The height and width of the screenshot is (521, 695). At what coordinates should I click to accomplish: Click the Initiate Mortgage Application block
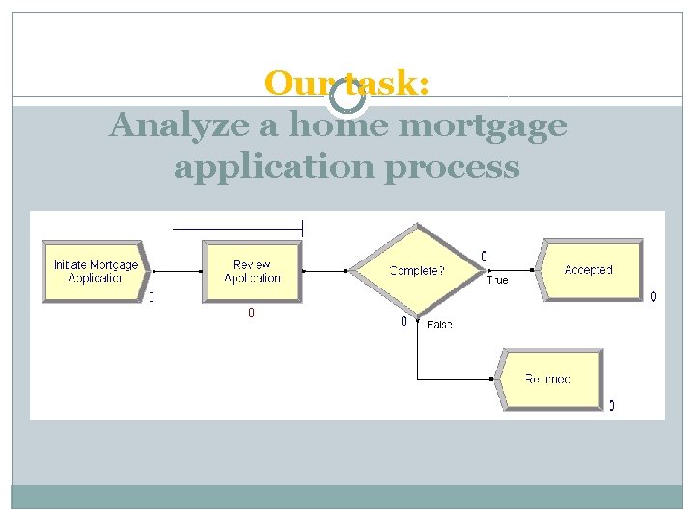coord(95,271)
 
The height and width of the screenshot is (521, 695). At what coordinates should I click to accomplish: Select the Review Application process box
coord(252,271)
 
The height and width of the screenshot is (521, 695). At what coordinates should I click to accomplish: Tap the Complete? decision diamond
coord(416,271)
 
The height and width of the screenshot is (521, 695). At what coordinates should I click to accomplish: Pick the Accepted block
coord(589,270)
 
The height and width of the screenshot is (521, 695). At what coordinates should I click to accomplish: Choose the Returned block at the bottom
coord(547,379)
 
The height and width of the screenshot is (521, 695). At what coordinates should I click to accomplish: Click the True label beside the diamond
coord(497,281)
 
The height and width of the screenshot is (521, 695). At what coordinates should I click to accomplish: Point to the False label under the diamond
coord(439,325)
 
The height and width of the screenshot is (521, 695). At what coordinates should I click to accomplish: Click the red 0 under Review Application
coord(251,314)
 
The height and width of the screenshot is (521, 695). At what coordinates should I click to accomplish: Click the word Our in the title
coord(294,84)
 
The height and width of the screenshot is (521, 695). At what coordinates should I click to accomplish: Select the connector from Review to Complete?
coord(326,271)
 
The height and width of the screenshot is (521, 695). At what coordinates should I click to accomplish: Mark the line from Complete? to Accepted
coord(512,270)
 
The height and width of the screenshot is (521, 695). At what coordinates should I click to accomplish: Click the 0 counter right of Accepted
coord(653,296)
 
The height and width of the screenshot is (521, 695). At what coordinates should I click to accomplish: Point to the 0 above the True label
coord(483,256)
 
